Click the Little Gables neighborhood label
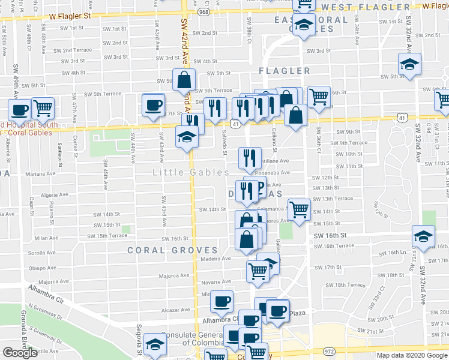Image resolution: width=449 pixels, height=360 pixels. pos(190,172)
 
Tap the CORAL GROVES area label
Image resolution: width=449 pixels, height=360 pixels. pos(172,250)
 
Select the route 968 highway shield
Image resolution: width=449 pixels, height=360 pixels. pos(204,11)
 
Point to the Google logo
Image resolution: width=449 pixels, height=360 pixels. pos(20,353)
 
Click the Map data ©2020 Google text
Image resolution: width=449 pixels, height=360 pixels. pos(411,355)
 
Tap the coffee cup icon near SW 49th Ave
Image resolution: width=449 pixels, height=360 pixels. pos(20,110)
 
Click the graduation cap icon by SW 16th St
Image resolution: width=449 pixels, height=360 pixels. pos(424,238)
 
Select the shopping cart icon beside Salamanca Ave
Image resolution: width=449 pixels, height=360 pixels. pos(299,209)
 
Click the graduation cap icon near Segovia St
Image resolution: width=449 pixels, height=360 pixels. pos(155,344)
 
